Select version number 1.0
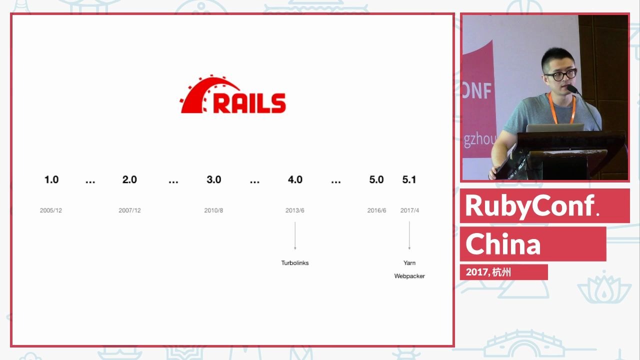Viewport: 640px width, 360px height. (51, 179)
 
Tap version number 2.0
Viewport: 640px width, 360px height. (129, 179)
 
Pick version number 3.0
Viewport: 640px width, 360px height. (214, 179)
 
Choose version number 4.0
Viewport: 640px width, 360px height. (295, 179)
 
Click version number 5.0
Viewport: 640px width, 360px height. (376, 179)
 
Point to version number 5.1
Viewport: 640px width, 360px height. (409, 179)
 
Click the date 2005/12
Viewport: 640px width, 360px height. (51, 210)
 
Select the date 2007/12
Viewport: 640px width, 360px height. (129, 210)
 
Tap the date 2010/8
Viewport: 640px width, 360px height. (213, 210)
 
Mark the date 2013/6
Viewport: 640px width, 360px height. (295, 210)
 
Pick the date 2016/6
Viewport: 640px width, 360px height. (376, 210)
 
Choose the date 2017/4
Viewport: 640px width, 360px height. (409, 210)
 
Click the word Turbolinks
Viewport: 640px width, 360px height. (295, 263)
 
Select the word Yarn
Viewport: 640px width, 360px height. (409, 263)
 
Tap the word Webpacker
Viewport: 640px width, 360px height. (409, 276)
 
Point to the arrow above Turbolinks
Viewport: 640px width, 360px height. (295, 235)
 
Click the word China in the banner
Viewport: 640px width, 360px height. (503, 244)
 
